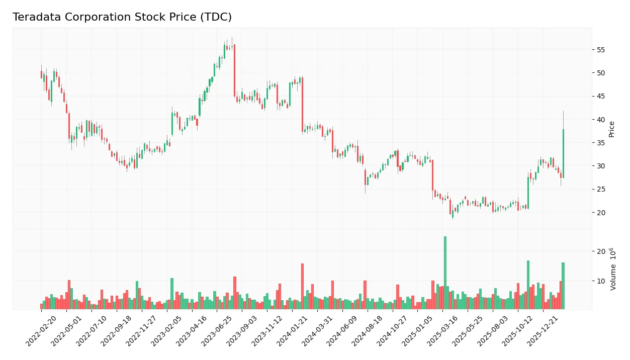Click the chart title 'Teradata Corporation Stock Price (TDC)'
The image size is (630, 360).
(x=122, y=17)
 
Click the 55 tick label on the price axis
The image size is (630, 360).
(x=601, y=50)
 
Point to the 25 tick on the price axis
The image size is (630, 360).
(x=601, y=190)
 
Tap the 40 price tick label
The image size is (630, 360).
(x=601, y=120)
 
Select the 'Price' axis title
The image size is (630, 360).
(x=611, y=129)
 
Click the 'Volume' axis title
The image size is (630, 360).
(x=613, y=269)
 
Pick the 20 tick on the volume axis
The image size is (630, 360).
(x=601, y=251)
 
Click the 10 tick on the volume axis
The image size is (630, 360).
(x=601, y=281)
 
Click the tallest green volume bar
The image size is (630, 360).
(x=445, y=273)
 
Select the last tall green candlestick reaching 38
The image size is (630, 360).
(x=563, y=153)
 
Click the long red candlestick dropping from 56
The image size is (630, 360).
(x=234, y=70)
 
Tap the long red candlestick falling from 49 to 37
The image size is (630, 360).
(x=302, y=105)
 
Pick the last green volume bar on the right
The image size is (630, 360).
(x=563, y=286)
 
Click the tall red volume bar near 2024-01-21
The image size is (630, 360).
(x=302, y=286)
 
